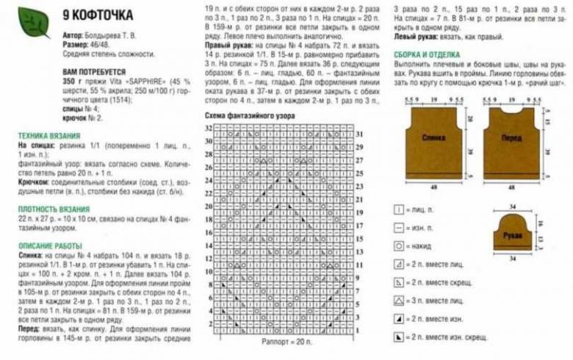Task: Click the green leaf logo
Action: pyautogui.click(x=33, y=20)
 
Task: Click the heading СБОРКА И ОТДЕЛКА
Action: pyautogui.click(x=427, y=54)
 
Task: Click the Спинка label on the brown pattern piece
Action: pyautogui.click(x=435, y=137)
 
